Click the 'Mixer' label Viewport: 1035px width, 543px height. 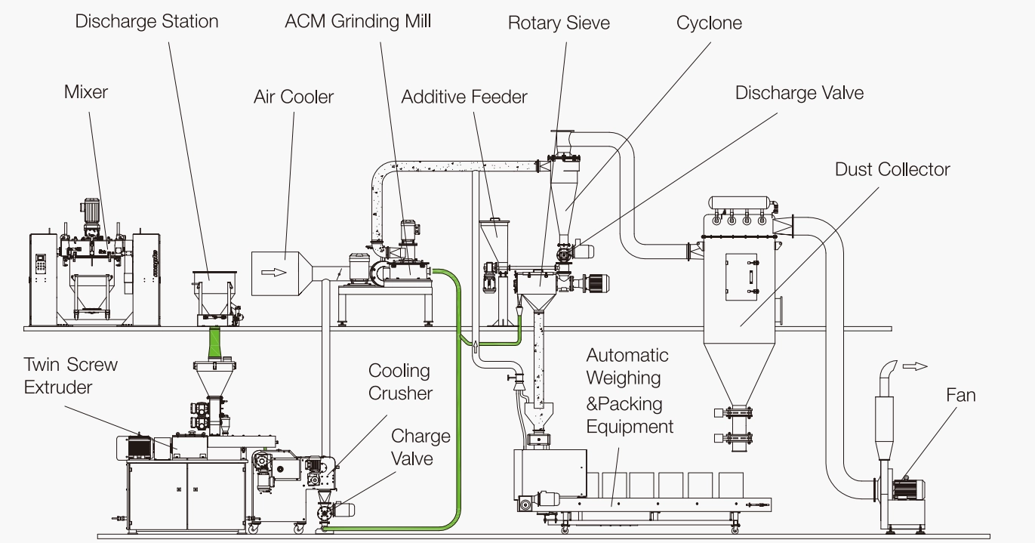[86, 92]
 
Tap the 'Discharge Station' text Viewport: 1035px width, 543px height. [146, 22]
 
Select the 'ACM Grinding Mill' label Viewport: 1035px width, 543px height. [358, 22]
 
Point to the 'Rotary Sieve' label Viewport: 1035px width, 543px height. [559, 23]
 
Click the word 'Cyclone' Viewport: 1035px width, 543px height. [709, 23]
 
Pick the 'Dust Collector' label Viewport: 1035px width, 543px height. [892, 170]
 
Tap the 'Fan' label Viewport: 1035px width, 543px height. [960, 395]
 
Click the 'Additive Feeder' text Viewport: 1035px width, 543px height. [464, 97]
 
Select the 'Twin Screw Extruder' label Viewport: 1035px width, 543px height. [71, 375]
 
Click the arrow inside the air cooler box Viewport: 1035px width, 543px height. [274, 272]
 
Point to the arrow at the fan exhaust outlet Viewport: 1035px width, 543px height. [915, 366]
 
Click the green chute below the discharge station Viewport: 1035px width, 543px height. [215, 342]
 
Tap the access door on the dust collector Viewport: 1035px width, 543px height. [741, 277]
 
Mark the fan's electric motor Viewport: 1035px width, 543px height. [909, 490]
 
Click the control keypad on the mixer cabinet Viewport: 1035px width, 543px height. [41, 263]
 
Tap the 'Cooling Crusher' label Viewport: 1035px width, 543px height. [400, 381]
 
